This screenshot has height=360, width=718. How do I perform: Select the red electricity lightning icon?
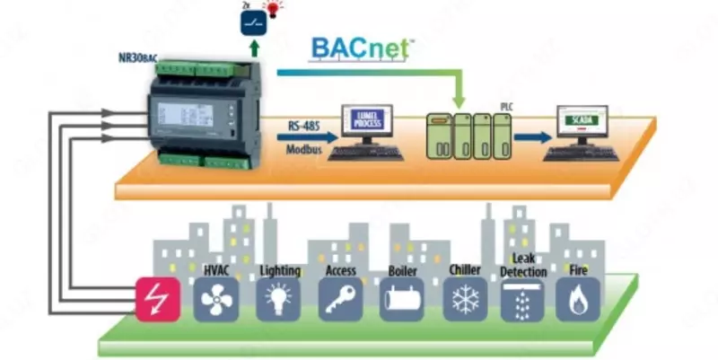(x=158, y=299)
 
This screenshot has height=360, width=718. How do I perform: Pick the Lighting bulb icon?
(x=279, y=300)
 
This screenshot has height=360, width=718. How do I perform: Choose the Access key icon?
(x=342, y=300)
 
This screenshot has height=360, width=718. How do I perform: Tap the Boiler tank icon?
(x=403, y=300)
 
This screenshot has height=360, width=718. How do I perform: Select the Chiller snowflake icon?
(x=466, y=300)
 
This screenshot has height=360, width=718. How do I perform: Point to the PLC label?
(x=505, y=106)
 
